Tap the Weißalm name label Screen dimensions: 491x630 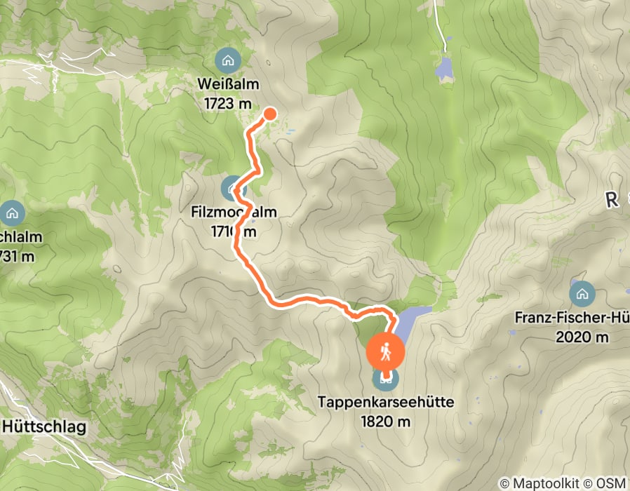[x=227, y=85]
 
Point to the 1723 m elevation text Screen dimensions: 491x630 [x=227, y=103]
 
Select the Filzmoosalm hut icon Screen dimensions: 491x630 [x=232, y=188]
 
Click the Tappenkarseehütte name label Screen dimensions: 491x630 [x=385, y=403]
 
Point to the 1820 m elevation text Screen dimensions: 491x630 [x=385, y=421]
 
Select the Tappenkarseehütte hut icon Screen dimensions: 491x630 [x=385, y=379]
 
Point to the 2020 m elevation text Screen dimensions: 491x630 [x=582, y=337]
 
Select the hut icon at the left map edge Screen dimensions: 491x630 [x=11, y=212]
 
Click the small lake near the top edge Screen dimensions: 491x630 [x=443, y=68]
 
